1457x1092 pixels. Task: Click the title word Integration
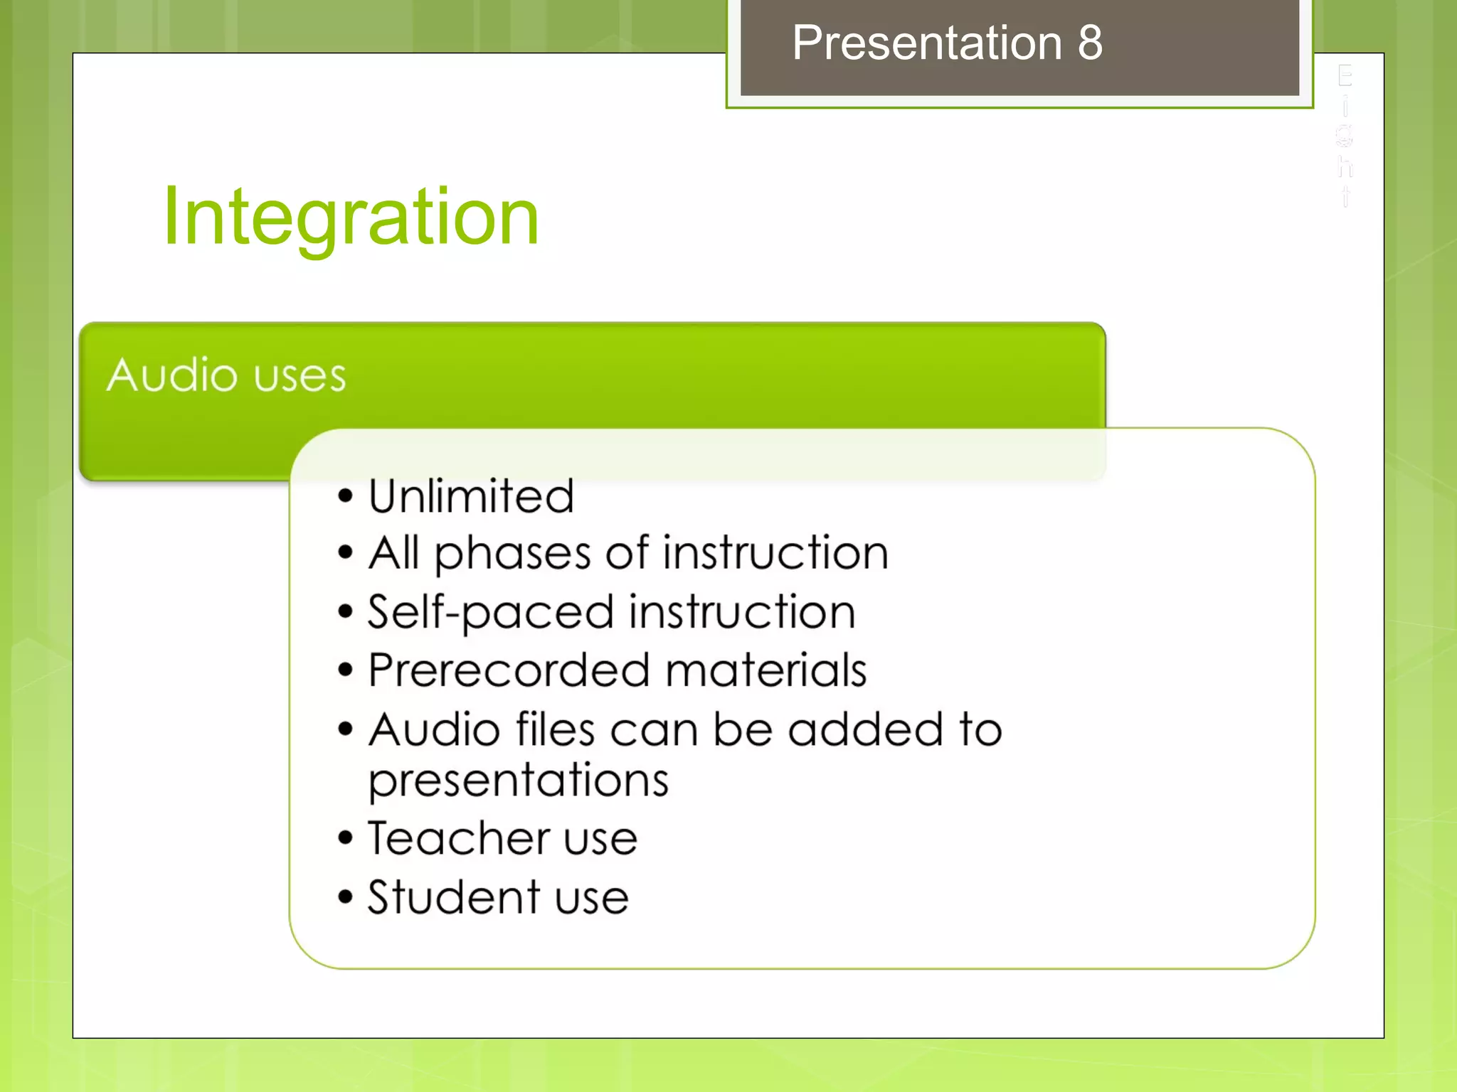350,216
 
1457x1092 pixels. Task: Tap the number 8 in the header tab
1089,43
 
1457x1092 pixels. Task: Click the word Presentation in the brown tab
927,43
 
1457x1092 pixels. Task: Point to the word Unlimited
471,496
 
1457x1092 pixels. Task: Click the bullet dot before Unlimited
346,496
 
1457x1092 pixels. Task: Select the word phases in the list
512,554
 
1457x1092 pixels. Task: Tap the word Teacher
458,838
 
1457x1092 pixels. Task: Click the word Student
452,897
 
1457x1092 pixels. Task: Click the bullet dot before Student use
346,897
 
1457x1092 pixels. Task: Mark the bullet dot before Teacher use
346,838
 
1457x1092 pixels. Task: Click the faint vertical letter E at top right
1344,75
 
